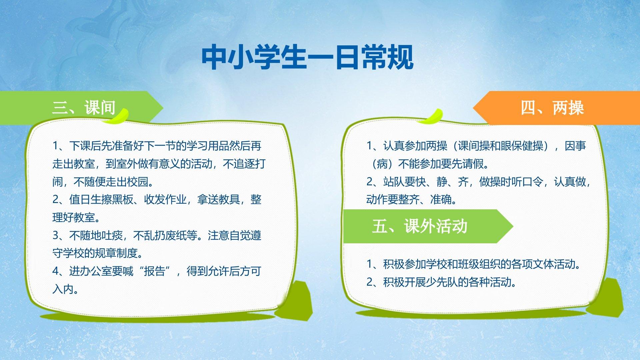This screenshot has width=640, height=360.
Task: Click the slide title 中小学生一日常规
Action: coord(307,57)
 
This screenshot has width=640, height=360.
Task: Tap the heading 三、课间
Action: coord(84,108)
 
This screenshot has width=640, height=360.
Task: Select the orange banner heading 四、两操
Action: coord(552,108)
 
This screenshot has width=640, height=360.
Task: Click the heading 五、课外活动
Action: coord(420,226)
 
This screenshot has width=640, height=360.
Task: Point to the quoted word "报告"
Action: coord(154,271)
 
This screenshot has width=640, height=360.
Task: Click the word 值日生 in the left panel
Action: coord(85,199)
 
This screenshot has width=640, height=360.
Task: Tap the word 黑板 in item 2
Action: coord(122,199)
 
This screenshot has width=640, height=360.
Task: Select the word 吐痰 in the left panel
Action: coord(112,235)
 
